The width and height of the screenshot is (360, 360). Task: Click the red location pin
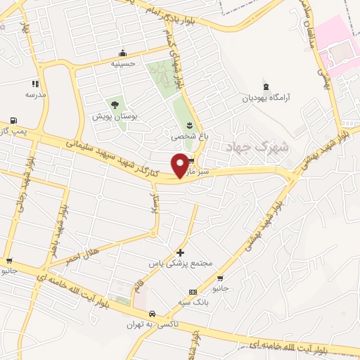pos(181,165)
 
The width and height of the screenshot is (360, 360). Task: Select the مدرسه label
pos(35,94)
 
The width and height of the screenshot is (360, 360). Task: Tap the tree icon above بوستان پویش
pos(115,105)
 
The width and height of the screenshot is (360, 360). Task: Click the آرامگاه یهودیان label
pos(266,98)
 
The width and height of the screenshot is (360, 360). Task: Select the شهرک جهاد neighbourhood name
pos(250,148)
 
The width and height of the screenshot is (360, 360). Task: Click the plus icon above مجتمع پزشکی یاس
pos(181,252)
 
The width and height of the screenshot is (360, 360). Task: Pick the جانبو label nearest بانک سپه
pos(221,288)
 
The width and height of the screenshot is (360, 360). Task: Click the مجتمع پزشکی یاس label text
pos(180,263)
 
